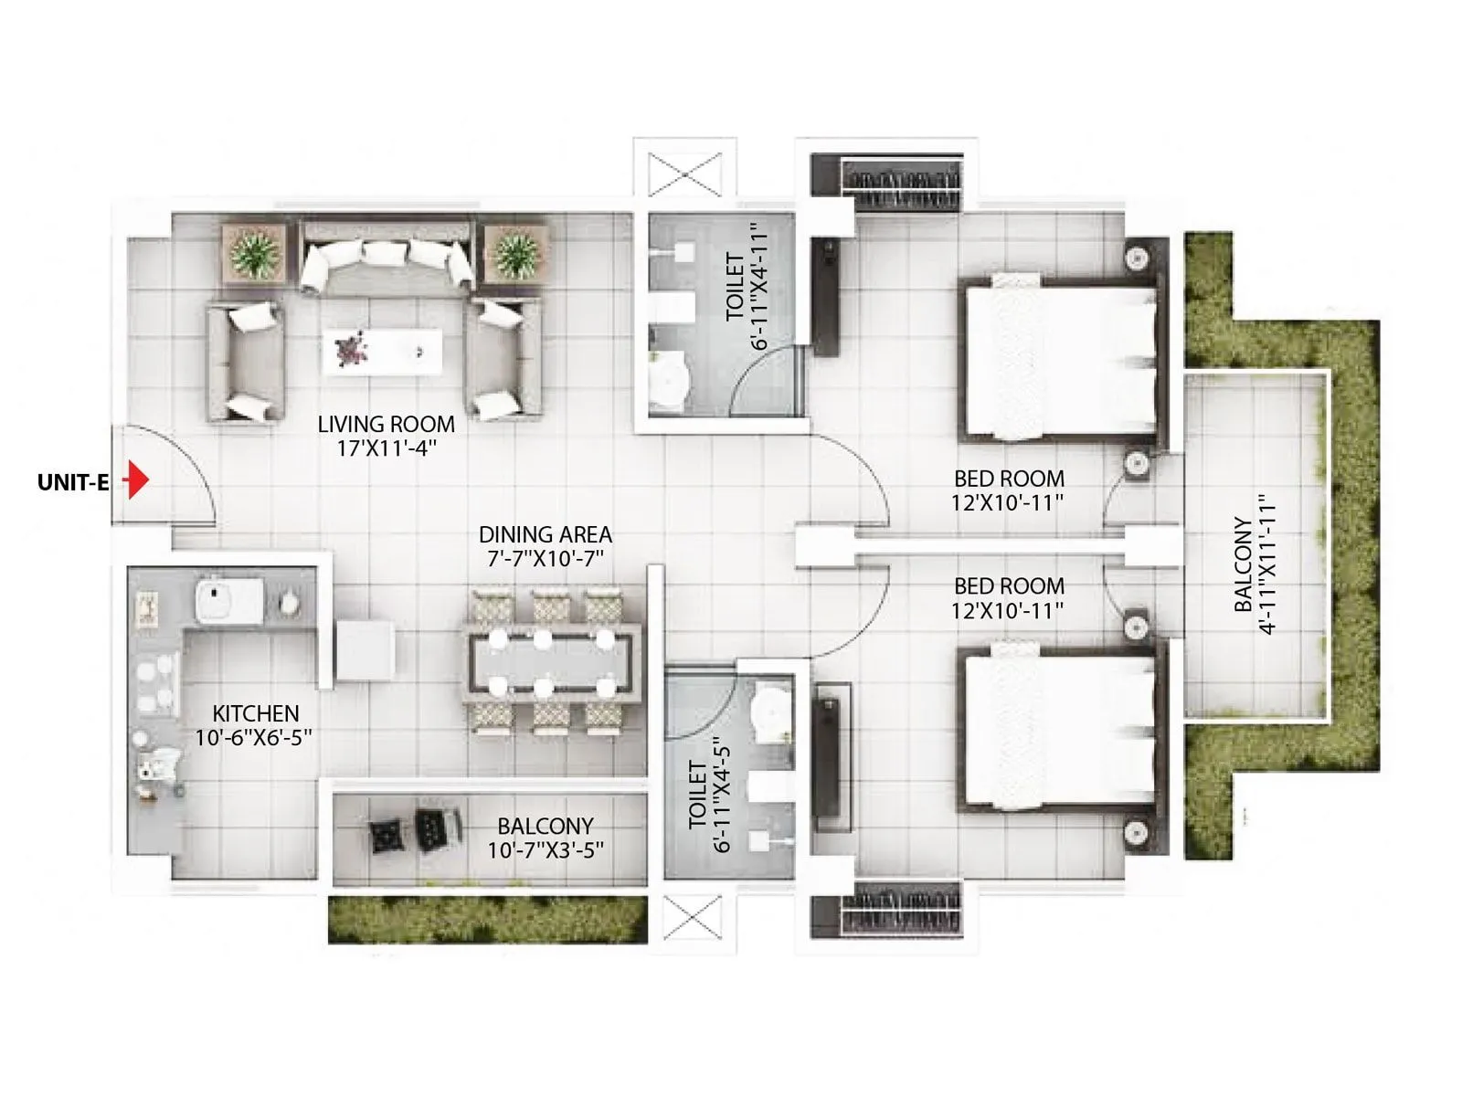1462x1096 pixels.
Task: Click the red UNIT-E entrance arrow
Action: (x=137, y=479)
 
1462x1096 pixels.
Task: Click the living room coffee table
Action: (x=382, y=352)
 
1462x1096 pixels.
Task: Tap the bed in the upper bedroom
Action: (x=1060, y=361)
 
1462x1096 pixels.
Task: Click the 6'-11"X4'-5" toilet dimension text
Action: (x=710, y=795)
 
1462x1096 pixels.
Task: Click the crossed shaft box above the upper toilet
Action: (x=684, y=174)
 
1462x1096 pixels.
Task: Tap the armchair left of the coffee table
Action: (x=245, y=362)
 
